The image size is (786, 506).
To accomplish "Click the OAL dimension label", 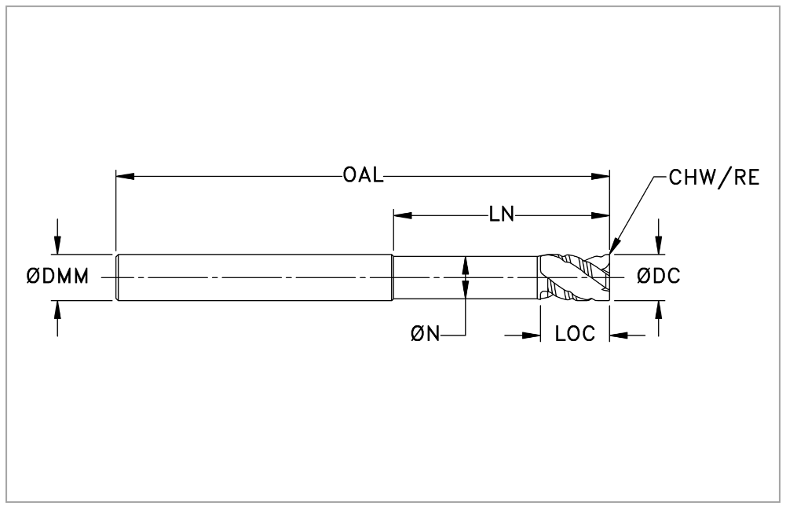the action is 364,175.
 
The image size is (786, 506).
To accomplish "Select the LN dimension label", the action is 502,214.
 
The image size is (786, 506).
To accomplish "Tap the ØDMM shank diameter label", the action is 57,277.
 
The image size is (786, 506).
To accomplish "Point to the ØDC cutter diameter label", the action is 658,277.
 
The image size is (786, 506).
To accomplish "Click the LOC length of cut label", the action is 575,333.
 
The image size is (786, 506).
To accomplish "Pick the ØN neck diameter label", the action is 425,333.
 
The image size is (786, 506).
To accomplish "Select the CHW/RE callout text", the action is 715,178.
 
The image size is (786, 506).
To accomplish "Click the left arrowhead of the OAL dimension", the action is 126,176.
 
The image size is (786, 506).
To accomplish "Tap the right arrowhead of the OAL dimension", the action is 600,176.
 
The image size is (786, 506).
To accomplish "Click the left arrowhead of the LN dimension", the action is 403,215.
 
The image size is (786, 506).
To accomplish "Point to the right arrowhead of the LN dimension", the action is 600,215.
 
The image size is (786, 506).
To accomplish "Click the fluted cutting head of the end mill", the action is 575,277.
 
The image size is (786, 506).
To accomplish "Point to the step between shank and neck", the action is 393,278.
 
